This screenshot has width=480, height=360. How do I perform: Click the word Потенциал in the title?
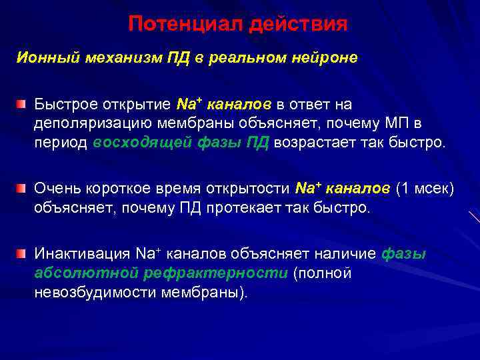tap(185, 25)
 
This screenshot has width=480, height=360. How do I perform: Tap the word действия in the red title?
tap(298, 25)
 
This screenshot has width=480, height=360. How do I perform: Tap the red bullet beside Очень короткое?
tap(22, 189)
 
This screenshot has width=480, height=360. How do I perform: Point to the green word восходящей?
tap(144, 143)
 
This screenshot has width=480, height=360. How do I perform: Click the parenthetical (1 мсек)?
tap(425, 189)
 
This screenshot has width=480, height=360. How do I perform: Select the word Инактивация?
tap(82, 255)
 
